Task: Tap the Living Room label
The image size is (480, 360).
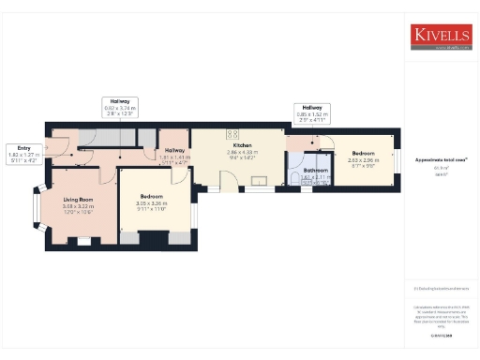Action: (x=78, y=200)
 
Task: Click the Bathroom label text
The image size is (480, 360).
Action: (x=316, y=171)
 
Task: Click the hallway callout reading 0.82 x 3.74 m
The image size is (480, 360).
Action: (x=121, y=107)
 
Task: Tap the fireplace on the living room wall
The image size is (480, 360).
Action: (x=84, y=241)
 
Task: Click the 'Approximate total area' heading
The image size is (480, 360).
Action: (x=441, y=159)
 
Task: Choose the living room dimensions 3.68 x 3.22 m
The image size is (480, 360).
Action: (x=78, y=206)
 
